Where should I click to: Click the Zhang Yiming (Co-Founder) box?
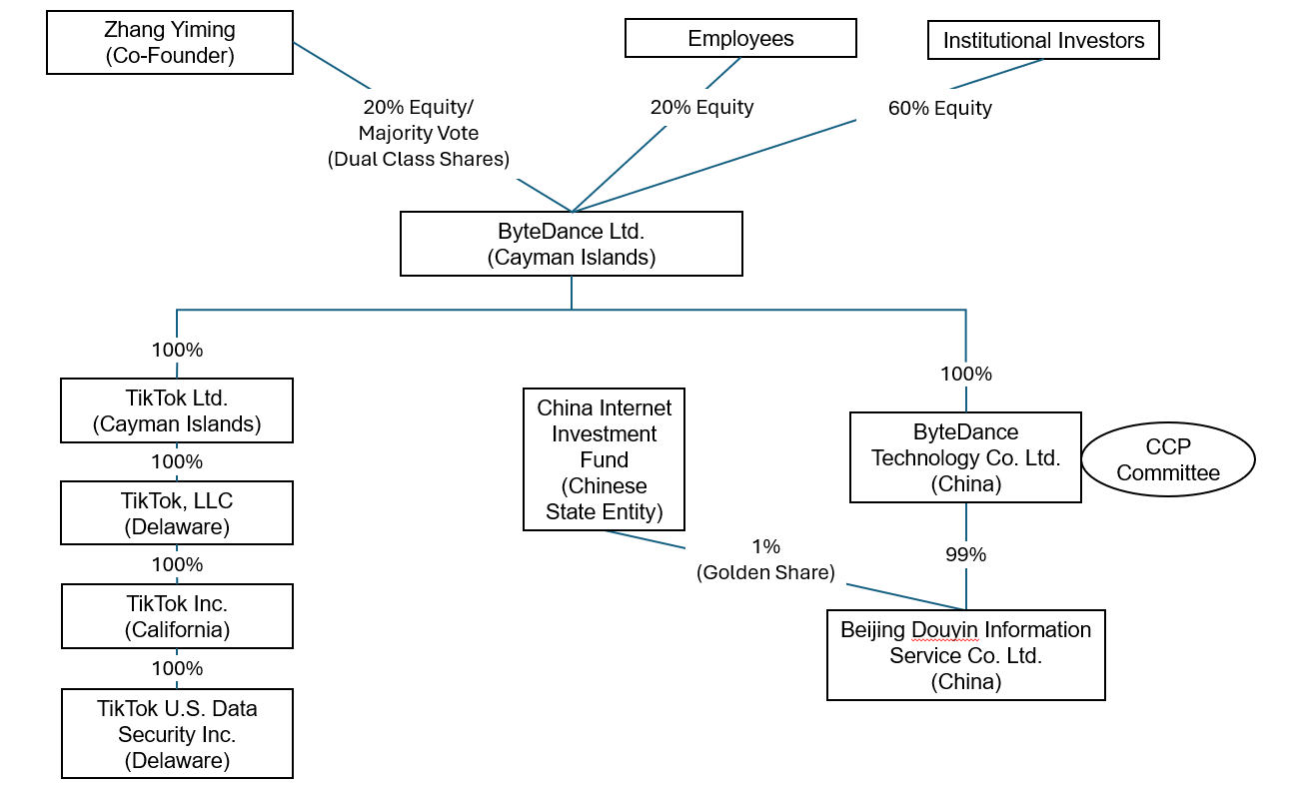tap(170, 42)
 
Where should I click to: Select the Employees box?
tap(740, 39)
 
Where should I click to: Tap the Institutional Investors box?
tap(1043, 41)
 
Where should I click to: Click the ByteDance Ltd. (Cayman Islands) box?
tap(571, 244)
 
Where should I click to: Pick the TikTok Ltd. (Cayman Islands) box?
tap(177, 410)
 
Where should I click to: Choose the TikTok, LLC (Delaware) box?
tap(177, 513)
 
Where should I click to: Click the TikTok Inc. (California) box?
tap(177, 616)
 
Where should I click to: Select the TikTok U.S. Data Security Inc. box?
tap(177, 734)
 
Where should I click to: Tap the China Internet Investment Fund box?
tap(604, 460)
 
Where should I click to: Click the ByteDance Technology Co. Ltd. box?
tap(965, 458)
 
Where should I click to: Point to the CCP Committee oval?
tap(1168, 460)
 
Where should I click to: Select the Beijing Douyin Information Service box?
tap(965, 655)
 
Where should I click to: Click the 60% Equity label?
tap(939, 109)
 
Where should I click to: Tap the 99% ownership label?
tap(965, 554)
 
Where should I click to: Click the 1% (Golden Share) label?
tap(765, 559)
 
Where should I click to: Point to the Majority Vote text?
tap(419, 133)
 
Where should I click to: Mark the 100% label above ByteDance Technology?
tap(965, 374)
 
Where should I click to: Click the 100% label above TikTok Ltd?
tap(177, 350)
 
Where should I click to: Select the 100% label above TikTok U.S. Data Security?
tap(177, 668)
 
